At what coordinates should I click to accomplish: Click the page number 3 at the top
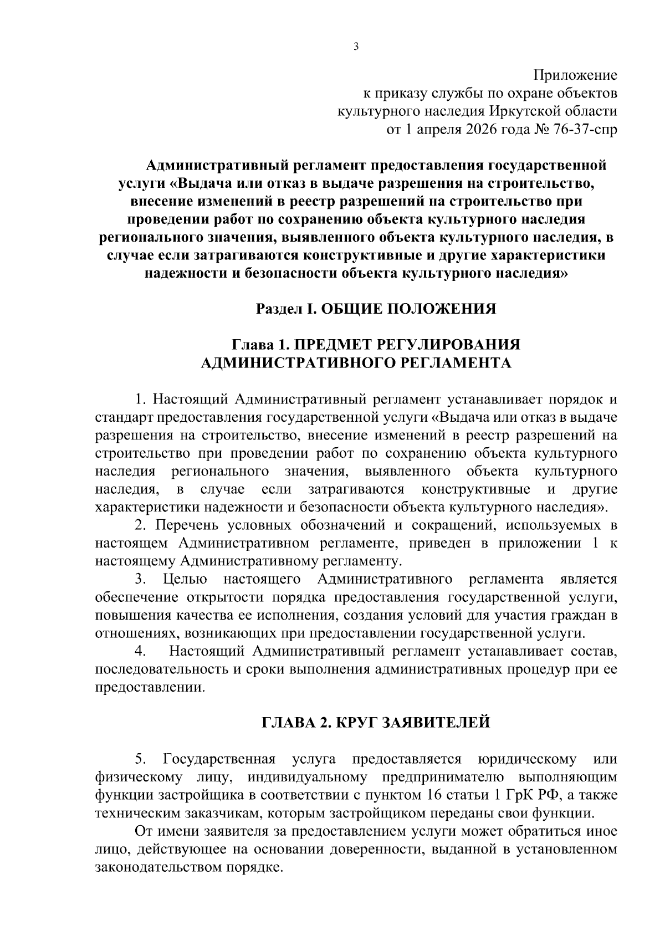[356, 47]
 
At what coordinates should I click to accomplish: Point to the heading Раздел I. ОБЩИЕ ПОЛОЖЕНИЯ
[376, 309]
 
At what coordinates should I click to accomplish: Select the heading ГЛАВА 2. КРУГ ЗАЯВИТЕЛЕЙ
[376, 723]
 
